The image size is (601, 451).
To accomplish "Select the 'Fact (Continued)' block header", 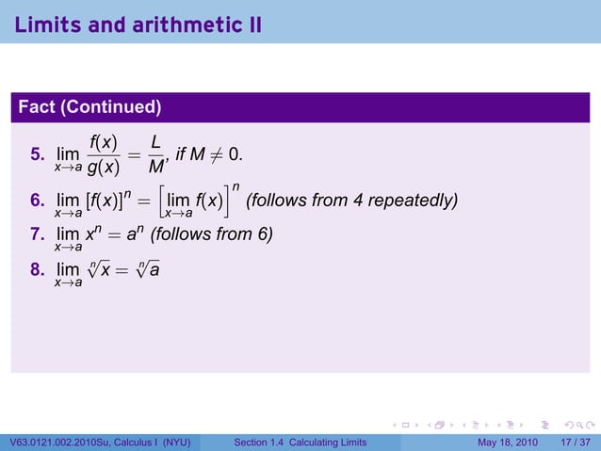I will [89, 107].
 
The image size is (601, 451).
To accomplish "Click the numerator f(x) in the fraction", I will [102, 142].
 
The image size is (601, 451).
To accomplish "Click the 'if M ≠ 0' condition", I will [214, 154].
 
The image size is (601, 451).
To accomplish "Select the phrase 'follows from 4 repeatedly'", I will [351, 201].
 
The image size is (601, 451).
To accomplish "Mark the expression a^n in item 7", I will [134, 233].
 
